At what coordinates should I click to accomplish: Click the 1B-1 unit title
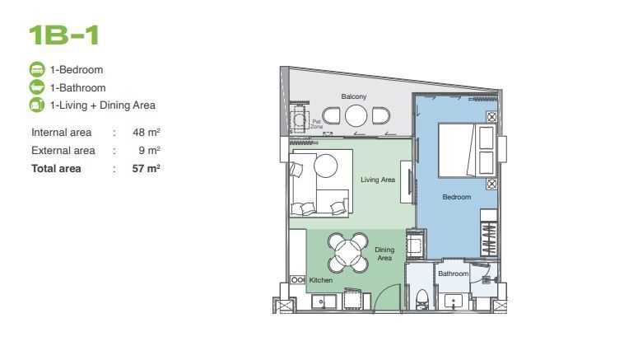(x=64, y=35)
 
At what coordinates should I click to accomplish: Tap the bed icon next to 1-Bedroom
(x=37, y=69)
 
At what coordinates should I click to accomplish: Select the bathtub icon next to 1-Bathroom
(x=37, y=87)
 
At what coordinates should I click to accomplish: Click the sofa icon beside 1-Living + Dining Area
(x=37, y=105)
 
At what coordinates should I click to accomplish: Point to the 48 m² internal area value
(x=146, y=133)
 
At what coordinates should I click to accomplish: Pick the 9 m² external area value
(x=149, y=150)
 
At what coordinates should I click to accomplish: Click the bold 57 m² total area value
(x=146, y=169)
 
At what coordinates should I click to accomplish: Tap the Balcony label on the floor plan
(x=354, y=96)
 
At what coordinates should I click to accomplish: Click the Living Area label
(x=378, y=180)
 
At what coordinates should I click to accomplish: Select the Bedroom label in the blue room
(x=457, y=197)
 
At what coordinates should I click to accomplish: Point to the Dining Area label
(x=384, y=254)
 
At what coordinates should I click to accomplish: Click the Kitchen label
(x=320, y=280)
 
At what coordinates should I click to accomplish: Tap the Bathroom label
(x=454, y=274)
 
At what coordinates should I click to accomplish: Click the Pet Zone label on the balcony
(x=317, y=124)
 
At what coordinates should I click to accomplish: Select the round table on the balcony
(x=356, y=116)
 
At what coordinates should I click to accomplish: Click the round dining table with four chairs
(x=348, y=253)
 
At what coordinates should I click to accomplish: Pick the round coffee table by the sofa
(x=325, y=166)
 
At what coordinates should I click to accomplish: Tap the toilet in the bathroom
(x=422, y=300)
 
